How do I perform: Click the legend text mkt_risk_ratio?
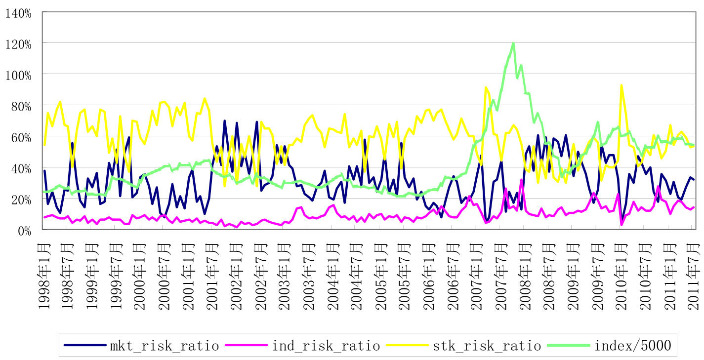[x=165, y=345]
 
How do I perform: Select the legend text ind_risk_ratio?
[x=326, y=345]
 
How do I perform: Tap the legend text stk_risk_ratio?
[x=487, y=345]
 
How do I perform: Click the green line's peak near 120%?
[x=513, y=43]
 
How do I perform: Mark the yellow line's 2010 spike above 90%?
[x=621, y=85]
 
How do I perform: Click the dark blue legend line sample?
[x=86, y=345]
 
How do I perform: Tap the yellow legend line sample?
[x=409, y=345]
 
